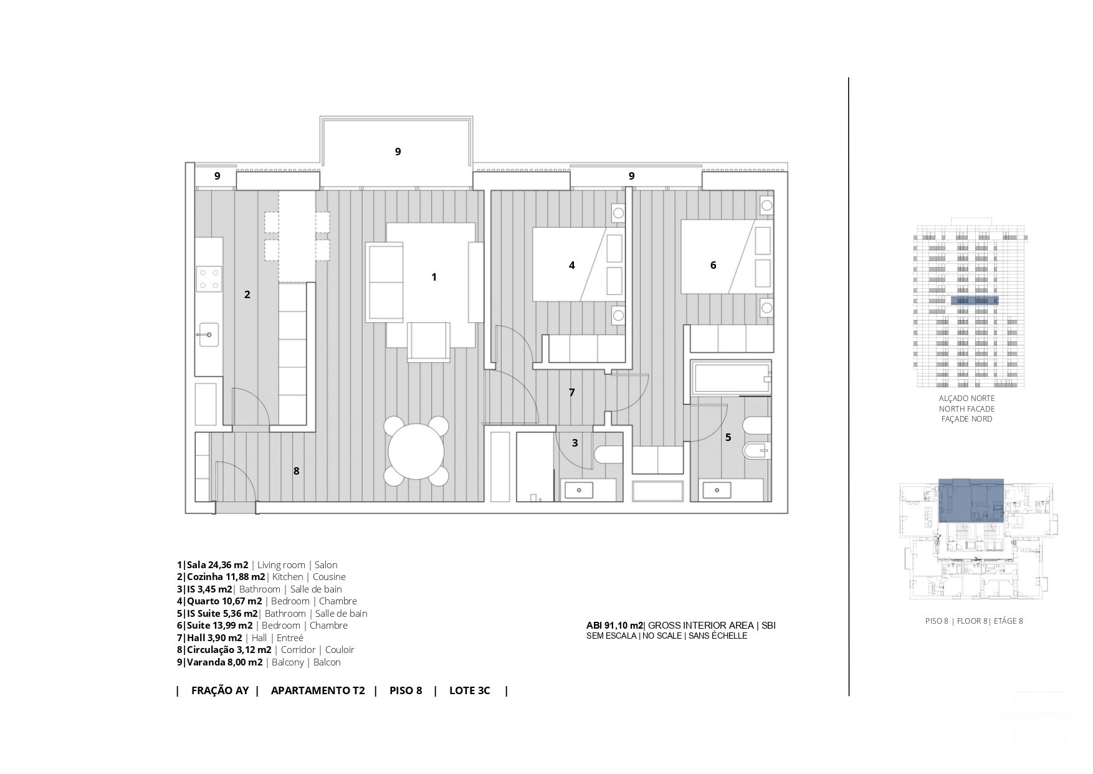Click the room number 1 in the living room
coord(434,277)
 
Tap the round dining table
coord(416,452)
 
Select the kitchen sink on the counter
coord(208,335)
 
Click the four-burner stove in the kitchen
coord(209,279)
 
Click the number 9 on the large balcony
coord(398,152)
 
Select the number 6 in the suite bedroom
coord(713,265)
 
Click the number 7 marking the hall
coord(571,392)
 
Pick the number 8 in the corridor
coord(297,471)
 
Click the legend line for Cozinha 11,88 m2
coord(261,577)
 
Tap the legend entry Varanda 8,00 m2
coord(259,662)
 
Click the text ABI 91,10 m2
coord(614,626)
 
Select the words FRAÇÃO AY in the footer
coord(220,690)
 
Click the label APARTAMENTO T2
coord(318,690)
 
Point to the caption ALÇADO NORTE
coord(967,399)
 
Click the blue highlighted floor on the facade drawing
coord(975,301)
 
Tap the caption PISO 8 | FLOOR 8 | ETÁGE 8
coord(973,621)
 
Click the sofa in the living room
coord(384,283)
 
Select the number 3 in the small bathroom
coord(575,443)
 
